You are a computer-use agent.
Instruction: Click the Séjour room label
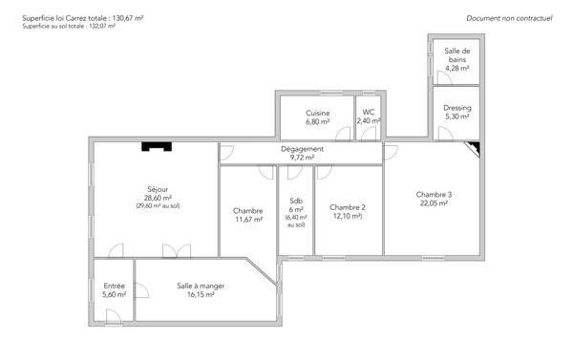(158, 189)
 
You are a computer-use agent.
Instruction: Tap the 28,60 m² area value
(158, 198)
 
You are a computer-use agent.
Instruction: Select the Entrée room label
(114, 286)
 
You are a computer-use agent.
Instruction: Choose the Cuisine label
(318, 114)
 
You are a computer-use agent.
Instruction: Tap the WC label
(369, 113)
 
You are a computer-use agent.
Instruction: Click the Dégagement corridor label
(302, 149)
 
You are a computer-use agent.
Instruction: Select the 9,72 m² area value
(302, 158)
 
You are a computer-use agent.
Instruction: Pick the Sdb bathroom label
(296, 201)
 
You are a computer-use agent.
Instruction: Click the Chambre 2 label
(348, 207)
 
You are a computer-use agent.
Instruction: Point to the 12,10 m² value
(348, 216)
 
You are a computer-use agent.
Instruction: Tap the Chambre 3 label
(434, 195)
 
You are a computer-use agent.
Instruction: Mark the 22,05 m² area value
(434, 203)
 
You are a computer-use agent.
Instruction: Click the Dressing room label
(456, 108)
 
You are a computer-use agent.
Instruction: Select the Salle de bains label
(456, 54)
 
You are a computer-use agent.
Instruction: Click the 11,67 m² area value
(247, 220)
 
